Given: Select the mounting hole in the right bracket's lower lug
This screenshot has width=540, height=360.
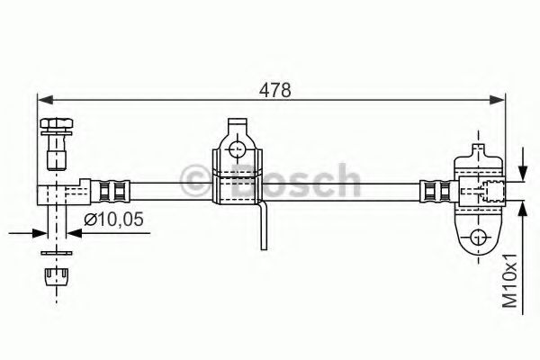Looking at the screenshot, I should tap(478, 238).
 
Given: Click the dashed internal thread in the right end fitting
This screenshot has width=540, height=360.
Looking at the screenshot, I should tap(490, 191).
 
